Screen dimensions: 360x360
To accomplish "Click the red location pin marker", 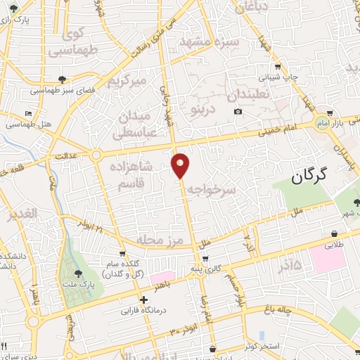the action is point(181,165).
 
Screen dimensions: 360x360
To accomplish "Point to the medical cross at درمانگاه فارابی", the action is point(144,300).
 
